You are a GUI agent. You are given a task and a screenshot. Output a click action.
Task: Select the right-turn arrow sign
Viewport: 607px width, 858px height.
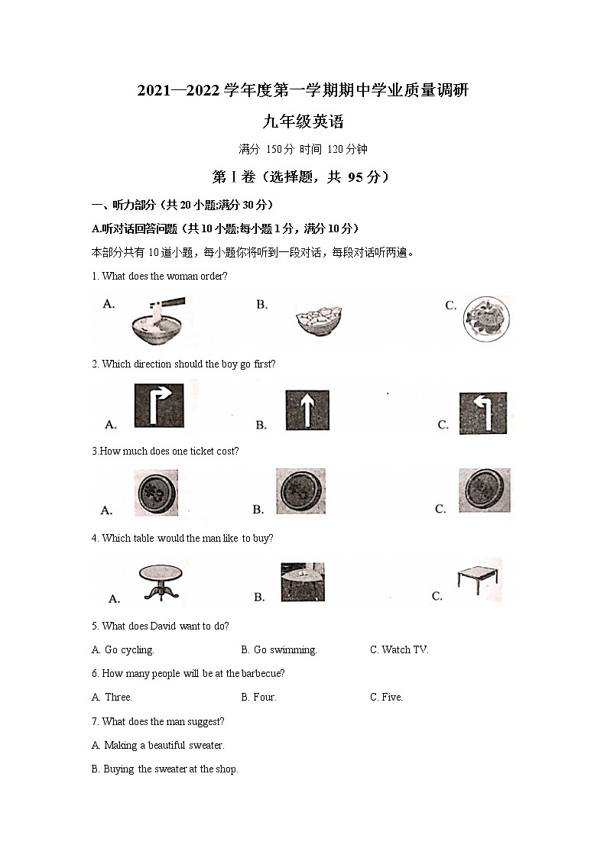coord(159,406)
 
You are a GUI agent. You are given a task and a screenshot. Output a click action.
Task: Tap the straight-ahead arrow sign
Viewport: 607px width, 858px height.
coord(307,410)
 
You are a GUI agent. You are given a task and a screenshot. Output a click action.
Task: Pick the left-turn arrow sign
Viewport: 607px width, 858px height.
coord(482,413)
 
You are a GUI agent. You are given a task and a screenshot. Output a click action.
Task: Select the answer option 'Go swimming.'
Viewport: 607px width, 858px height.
coord(278,650)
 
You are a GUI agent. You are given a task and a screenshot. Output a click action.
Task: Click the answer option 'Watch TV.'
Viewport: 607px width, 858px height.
coord(399,650)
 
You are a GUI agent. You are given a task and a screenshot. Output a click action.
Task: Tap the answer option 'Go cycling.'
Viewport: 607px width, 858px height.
coord(122,650)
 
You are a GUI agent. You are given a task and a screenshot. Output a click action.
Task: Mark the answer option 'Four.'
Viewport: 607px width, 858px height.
coord(258,698)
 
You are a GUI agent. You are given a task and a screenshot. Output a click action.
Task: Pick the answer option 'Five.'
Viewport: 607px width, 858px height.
coord(386,698)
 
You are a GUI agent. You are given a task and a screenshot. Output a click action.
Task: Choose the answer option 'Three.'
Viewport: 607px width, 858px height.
coord(112,698)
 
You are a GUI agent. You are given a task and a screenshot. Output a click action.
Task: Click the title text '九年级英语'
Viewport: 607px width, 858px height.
coord(303,121)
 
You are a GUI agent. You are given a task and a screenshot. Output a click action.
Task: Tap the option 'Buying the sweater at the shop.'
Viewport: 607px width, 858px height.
coord(164,769)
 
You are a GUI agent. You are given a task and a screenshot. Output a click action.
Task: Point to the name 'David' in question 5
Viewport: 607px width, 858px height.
coord(163,627)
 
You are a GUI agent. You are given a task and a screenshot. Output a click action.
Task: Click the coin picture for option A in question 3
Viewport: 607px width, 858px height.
coord(156,493)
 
